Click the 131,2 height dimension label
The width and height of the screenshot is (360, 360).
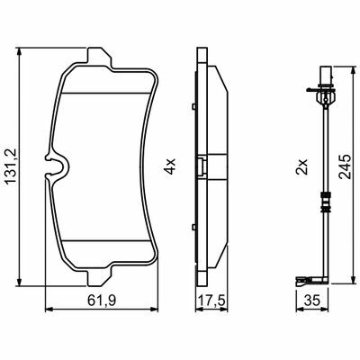11,166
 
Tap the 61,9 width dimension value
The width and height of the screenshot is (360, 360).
102,300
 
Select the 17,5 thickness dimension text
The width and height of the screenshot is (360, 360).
211,300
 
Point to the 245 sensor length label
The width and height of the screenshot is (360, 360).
345,166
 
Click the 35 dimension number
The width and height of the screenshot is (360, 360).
311,300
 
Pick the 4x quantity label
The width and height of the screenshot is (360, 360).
170,166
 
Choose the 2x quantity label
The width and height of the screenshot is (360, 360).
301,166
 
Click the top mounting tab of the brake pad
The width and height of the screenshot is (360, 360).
99,58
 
